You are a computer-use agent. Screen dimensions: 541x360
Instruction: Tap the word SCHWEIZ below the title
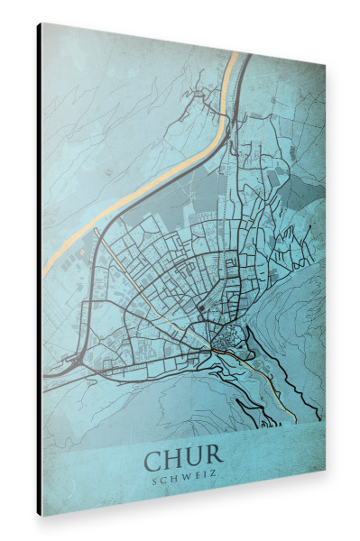184,478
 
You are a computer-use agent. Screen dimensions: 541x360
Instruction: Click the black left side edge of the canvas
39,270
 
